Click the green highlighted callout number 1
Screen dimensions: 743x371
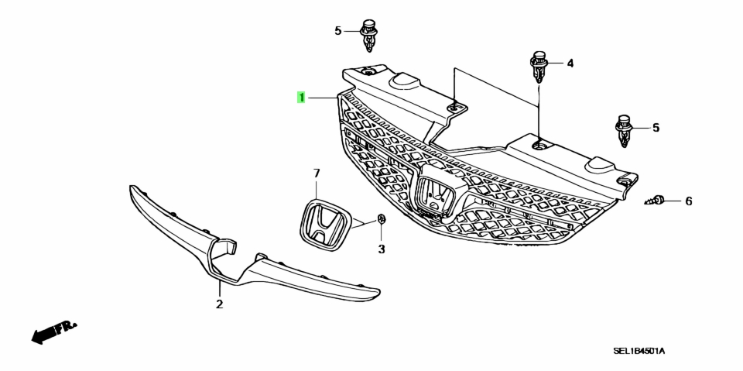pos(301,98)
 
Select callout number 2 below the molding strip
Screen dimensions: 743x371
pos(219,304)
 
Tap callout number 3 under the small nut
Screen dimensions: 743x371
pos(382,249)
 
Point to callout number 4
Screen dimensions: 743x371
pos(570,63)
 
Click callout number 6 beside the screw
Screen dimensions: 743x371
pos(689,201)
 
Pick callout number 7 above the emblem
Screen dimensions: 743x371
pos(317,173)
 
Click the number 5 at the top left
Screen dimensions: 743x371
pos(337,31)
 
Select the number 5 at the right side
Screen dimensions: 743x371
pos(656,128)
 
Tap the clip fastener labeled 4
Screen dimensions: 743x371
pos(539,66)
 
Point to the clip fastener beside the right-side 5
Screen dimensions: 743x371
pos(624,130)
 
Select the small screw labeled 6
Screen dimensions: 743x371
pos(653,201)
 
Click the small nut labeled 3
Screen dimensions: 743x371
pos(382,218)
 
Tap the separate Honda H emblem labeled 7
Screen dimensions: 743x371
pos(326,224)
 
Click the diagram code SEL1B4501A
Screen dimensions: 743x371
pos(639,351)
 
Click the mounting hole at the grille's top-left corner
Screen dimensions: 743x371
pos(368,71)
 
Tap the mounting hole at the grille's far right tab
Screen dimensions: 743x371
pos(624,182)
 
